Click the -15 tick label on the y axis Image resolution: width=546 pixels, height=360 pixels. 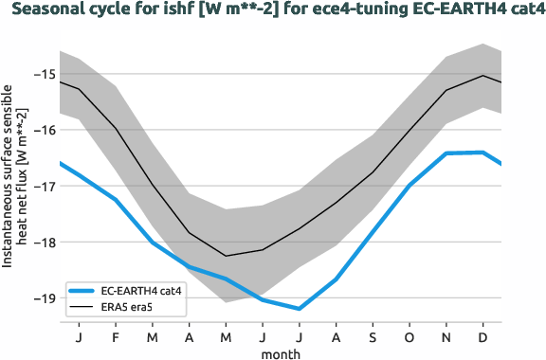44,74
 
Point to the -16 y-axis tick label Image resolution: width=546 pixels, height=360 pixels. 44,130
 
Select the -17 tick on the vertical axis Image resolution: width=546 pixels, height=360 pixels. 44,186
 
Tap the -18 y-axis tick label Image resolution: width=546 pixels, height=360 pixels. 44,242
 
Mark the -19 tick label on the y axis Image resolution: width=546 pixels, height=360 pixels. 44,297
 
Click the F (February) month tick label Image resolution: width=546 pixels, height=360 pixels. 115,336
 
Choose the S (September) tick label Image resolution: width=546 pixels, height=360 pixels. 373,336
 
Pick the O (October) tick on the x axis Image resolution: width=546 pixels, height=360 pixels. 409,336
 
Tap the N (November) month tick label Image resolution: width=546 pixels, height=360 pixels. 446,336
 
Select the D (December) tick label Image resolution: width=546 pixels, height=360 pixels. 483,336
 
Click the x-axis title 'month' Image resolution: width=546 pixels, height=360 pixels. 281,352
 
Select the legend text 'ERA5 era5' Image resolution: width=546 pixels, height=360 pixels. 127,307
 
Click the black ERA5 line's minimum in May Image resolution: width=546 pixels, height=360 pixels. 226,256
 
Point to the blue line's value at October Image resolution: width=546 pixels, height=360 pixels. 409,186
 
